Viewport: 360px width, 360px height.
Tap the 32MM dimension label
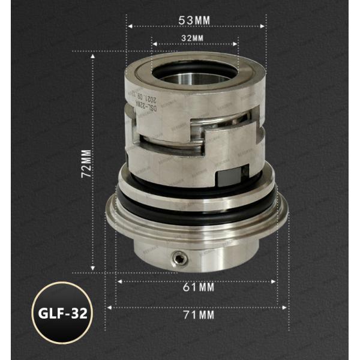pos(193,38)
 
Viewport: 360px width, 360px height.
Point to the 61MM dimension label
pos(197,287)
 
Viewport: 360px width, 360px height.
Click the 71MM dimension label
pos(197,313)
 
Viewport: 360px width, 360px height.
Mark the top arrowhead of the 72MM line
pos(94,55)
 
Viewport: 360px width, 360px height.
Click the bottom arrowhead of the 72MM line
pos(94,270)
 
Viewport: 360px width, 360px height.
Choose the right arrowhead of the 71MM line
pos(292,307)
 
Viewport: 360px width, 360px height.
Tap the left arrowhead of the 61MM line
pos(119,281)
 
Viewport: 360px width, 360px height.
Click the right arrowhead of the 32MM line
pos(237,43)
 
